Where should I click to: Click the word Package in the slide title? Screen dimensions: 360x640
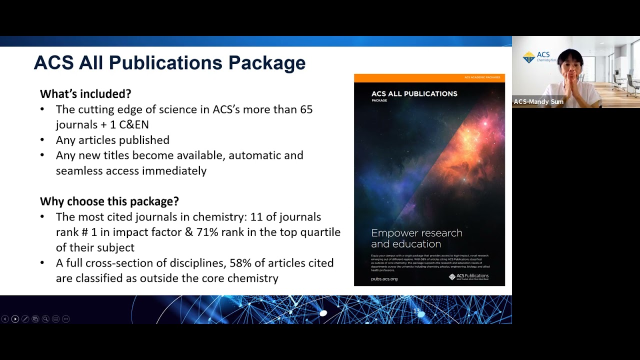point(266,63)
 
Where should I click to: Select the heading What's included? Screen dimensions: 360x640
point(85,94)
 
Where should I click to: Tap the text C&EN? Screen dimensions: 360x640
point(133,125)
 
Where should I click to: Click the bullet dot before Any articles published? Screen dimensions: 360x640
point(42,140)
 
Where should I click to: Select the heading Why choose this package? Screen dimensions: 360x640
point(109,201)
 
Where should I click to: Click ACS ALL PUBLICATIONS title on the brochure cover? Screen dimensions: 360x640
point(414,93)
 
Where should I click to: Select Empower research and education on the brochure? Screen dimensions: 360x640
point(416,238)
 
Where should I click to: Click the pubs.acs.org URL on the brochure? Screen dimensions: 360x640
point(384,278)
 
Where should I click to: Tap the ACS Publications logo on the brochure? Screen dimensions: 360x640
point(468,276)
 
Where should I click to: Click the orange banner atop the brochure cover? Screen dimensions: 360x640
point(429,77)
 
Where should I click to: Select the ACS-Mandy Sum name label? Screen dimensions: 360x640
point(538,102)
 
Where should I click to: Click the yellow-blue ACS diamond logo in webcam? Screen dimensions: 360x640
point(528,57)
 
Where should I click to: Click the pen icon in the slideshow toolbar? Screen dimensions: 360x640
point(25,319)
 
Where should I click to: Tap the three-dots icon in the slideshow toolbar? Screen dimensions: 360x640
point(65,319)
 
